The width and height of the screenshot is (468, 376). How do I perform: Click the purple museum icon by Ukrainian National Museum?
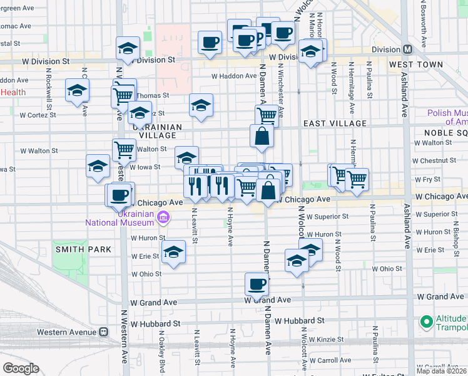click(x=163, y=217)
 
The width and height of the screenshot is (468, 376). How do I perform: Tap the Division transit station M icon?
click(x=408, y=50)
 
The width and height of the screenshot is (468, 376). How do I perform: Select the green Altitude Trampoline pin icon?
click(x=427, y=322)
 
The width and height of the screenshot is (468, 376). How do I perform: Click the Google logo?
click(x=21, y=368)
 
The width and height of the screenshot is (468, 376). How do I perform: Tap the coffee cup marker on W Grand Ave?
click(x=257, y=285)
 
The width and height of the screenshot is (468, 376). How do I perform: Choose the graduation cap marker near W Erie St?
click(x=173, y=253)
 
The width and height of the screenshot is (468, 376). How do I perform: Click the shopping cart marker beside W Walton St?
click(x=125, y=150)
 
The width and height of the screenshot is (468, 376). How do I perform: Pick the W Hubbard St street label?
click(x=155, y=324)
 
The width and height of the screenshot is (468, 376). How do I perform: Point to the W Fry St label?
click(x=432, y=179)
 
